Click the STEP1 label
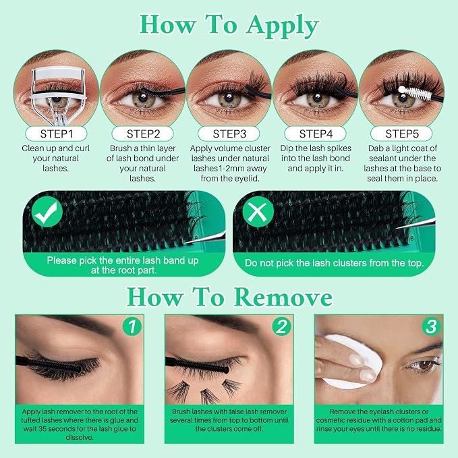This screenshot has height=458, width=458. (56, 134)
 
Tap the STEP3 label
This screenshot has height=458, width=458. (229, 134)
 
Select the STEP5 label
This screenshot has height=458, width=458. (401, 134)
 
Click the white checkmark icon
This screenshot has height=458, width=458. (47, 212)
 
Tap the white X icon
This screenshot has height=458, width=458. (258, 212)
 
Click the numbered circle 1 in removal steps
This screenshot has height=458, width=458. (132, 326)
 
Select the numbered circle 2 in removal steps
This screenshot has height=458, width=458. (281, 326)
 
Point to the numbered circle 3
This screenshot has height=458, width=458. (431, 326)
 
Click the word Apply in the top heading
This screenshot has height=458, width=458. (282, 26)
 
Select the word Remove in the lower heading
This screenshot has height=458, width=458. (283, 297)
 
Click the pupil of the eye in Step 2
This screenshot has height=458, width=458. (143, 98)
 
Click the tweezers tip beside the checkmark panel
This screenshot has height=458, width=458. (185, 242)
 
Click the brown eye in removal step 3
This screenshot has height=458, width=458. (425, 364)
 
